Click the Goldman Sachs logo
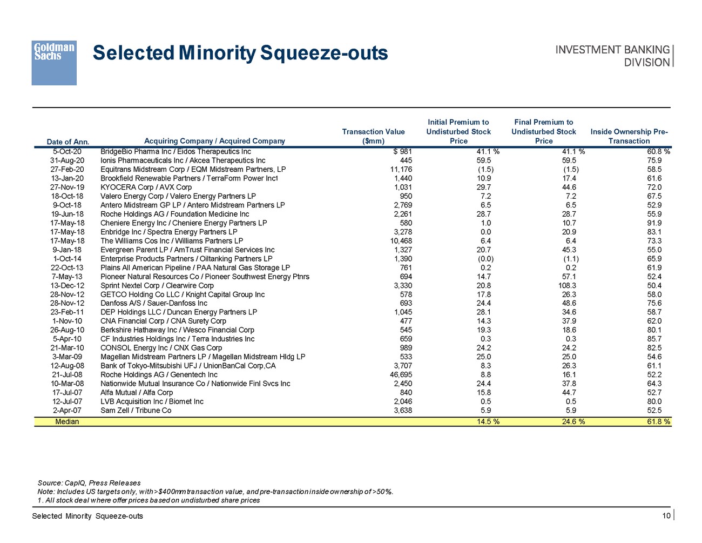[x=54, y=63]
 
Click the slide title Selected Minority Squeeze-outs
[x=240, y=53]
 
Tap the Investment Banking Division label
[x=612, y=56]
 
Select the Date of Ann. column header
[x=68, y=142]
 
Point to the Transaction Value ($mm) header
[x=373, y=136]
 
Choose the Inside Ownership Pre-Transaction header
[x=629, y=136]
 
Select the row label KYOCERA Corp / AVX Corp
[x=146, y=187]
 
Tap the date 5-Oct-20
[x=67, y=151]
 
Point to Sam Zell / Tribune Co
[x=136, y=410]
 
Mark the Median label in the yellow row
[x=67, y=421]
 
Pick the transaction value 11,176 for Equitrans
[x=401, y=169]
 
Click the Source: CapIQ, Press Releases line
[x=89, y=483]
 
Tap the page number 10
[x=666, y=515]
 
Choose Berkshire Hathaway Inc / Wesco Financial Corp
[x=177, y=330]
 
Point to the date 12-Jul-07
[x=67, y=401]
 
